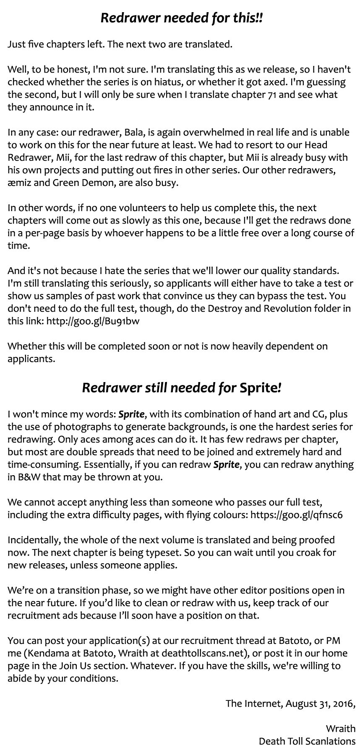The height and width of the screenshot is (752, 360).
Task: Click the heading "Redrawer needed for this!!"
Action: click(x=182, y=18)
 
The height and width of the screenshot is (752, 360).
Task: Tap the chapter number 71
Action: click(x=267, y=94)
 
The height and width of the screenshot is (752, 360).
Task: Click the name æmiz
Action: click(x=19, y=183)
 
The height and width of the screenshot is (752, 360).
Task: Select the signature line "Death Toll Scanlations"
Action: click(x=307, y=741)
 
